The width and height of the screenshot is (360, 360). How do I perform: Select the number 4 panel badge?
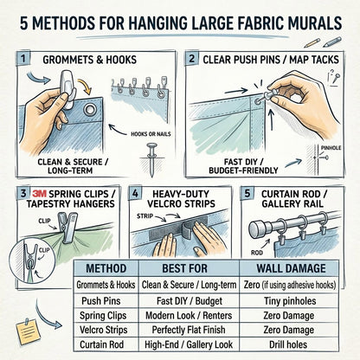click(x=134, y=192)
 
